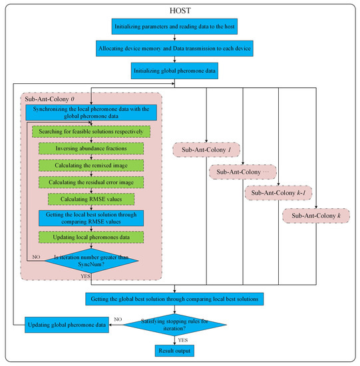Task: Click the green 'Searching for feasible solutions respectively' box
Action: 91,132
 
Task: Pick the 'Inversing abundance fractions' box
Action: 91,148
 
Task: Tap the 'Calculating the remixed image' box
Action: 91,164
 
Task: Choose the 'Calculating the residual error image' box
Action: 91,182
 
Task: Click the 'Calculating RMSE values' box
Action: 91,198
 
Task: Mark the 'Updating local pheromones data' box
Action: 91,237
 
